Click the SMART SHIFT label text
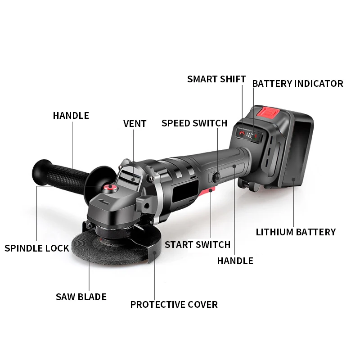[x=216, y=79]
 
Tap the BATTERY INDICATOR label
[x=297, y=84]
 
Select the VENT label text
[x=135, y=124]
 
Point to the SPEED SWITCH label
[x=194, y=123]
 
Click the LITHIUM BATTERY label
[x=296, y=232]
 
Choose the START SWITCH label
[x=197, y=245]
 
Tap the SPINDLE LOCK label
[x=37, y=248]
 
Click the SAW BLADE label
[x=81, y=297]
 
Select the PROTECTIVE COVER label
[x=174, y=305]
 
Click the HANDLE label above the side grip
[x=71, y=116]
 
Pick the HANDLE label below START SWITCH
[x=235, y=261]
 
